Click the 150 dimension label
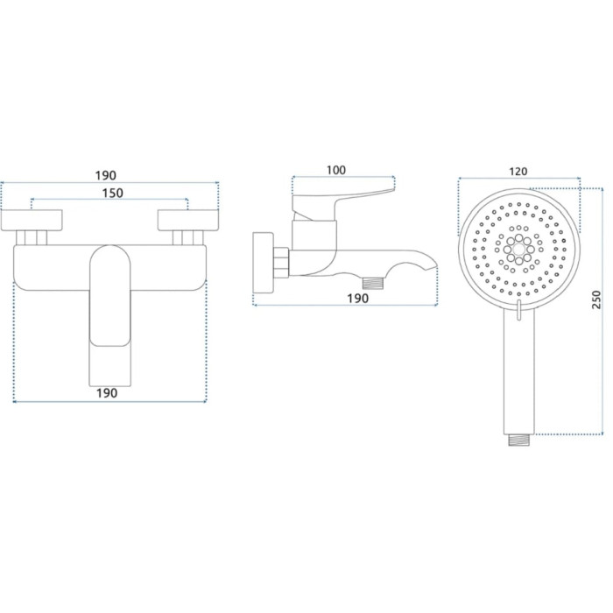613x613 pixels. click(x=113, y=194)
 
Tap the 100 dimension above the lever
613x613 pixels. click(x=336, y=170)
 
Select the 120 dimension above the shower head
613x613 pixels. click(x=518, y=172)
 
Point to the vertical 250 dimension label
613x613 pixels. click(x=595, y=299)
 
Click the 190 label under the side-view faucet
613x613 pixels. click(x=357, y=299)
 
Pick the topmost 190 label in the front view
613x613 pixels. click(x=106, y=175)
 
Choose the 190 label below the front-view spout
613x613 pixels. click(x=107, y=393)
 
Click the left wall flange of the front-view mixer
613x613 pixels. click(x=32, y=220)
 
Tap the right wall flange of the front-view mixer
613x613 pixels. click(x=188, y=220)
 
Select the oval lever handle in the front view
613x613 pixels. click(x=110, y=296)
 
